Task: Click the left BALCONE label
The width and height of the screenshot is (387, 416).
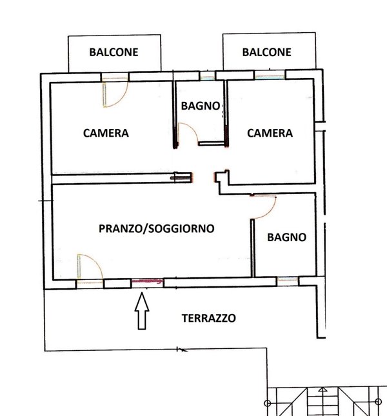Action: pyautogui.click(x=114, y=52)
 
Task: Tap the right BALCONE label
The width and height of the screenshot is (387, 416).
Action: pyautogui.click(x=266, y=52)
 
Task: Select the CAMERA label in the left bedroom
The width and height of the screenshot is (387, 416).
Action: pyautogui.click(x=106, y=134)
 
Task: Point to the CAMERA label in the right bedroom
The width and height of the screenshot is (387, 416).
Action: pyautogui.click(x=270, y=134)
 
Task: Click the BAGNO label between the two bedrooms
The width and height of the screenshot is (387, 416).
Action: pyautogui.click(x=201, y=106)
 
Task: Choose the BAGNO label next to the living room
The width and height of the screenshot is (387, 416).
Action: pyautogui.click(x=286, y=237)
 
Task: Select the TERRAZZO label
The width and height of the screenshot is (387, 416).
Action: pyautogui.click(x=208, y=318)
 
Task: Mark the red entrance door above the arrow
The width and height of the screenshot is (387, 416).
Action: pyautogui.click(x=146, y=281)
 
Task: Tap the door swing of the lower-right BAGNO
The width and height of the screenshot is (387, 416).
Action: pyautogui.click(x=264, y=207)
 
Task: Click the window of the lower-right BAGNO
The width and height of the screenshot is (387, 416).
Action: pyautogui.click(x=287, y=281)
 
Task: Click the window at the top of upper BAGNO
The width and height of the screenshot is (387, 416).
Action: pyautogui.click(x=207, y=77)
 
